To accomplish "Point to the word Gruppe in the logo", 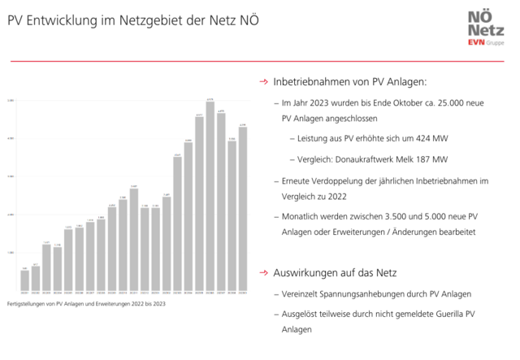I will (x=496, y=42).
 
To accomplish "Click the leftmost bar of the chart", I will (x=24, y=280).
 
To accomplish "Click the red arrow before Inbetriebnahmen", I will (x=263, y=83).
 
